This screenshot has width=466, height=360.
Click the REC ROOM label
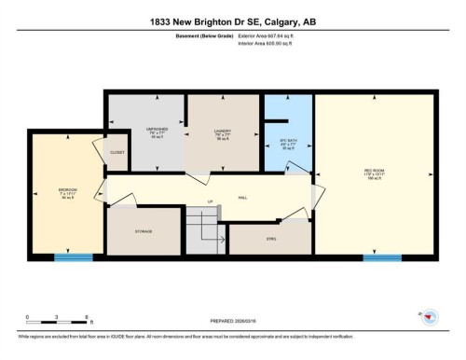coord(375,171)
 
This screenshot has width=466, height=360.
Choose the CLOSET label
coord(116,152)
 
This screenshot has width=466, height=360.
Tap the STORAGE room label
coord(144,230)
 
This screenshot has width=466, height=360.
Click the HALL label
coord(243,198)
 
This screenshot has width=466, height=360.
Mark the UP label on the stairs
coord(211,201)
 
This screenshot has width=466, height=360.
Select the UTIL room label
coord(272,239)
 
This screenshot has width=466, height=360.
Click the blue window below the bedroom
coord(67,256)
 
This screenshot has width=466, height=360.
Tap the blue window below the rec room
coord(375,256)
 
